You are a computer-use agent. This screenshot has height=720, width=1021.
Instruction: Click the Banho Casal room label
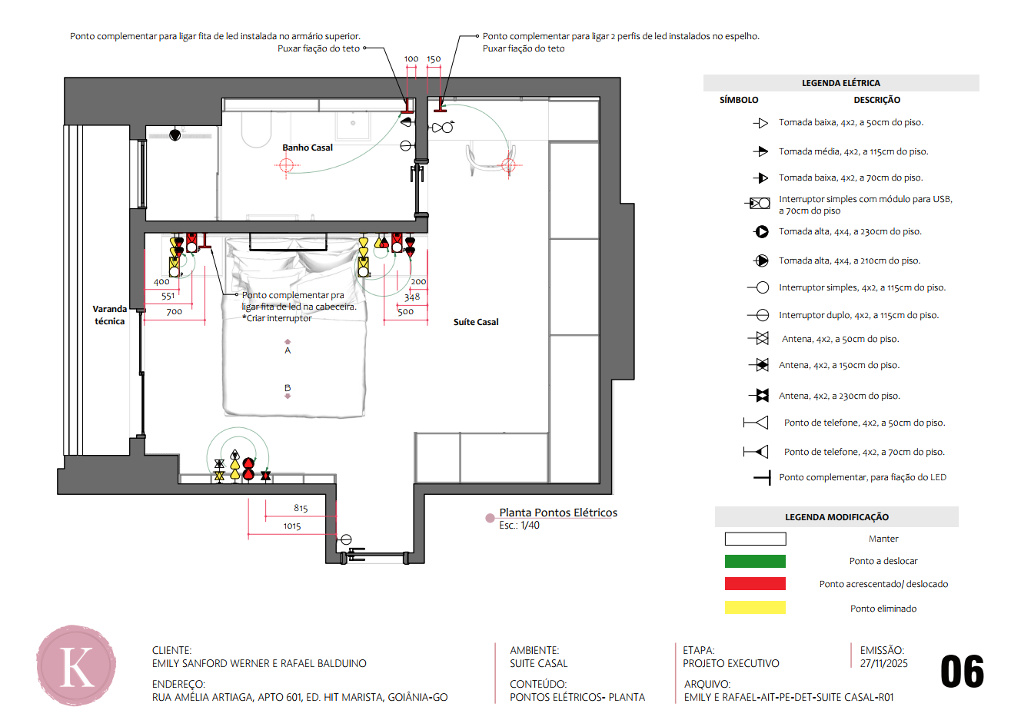(x=308, y=148)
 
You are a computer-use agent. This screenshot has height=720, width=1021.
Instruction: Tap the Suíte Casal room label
(x=476, y=322)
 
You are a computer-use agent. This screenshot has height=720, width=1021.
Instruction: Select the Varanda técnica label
(x=109, y=315)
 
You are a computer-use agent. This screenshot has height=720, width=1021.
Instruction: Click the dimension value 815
(x=301, y=508)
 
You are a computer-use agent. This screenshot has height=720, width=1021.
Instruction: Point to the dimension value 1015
(x=292, y=526)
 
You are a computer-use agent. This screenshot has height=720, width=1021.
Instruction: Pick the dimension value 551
(x=168, y=296)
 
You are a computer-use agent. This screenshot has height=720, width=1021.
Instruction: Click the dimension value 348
(x=412, y=297)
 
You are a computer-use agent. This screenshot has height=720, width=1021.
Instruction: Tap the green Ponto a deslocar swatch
(x=755, y=561)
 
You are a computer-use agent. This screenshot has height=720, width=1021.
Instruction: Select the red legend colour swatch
(x=755, y=584)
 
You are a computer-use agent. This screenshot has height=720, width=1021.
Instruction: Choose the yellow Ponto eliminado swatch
(x=755, y=608)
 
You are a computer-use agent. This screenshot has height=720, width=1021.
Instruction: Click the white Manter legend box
(x=755, y=539)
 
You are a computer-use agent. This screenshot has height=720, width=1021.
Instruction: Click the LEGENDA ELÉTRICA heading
(x=841, y=83)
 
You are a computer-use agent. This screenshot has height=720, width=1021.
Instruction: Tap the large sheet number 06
(x=963, y=672)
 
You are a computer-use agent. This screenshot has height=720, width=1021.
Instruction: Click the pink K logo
(x=76, y=665)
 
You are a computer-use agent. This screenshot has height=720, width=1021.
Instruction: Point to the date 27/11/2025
(x=884, y=663)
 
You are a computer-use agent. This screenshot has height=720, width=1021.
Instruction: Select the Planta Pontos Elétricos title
(x=558, y=513)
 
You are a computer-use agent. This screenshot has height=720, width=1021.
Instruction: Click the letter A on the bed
(x=288, y=350)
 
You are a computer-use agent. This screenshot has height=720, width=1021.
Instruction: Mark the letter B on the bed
(x=288, y=388)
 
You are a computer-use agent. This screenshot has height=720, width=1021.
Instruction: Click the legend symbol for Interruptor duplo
(x=759, y=315)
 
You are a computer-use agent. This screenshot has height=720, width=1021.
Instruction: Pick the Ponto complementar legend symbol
(x=762, y=478)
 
